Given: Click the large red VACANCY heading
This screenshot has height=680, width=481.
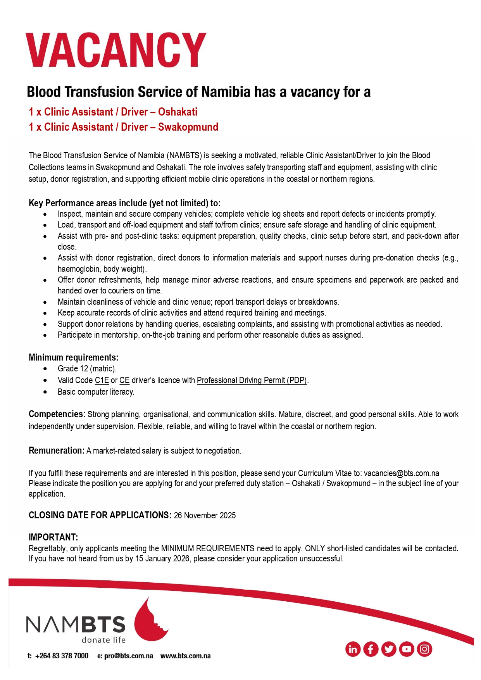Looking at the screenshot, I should (x=116, y=50).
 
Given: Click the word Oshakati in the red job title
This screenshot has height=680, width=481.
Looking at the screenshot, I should (x=178, y=112).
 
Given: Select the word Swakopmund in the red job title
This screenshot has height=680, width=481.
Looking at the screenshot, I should (x=188, y=127).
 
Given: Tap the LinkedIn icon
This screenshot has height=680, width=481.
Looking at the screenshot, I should (x=353, y=649).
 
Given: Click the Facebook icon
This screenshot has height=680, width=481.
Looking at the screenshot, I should (x=371, y=649).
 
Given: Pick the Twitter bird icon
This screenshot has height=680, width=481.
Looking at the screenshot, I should (x=389, y=649).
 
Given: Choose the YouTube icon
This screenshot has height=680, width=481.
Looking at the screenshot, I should (x=407, y=649).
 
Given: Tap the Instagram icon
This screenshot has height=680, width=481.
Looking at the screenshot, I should (x=425, y=649).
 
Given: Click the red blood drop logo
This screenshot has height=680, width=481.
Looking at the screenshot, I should (x=149, y=620).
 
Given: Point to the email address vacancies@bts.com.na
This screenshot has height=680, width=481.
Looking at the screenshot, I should (x=401, y=473).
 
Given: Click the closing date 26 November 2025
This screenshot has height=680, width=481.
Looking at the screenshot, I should (x=205, y=516).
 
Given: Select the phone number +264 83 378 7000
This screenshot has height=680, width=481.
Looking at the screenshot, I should (x=62, y=656).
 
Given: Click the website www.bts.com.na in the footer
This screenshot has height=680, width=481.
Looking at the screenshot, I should (x=186, y=656).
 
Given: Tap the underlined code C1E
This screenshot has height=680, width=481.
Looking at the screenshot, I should (x=102, y=380).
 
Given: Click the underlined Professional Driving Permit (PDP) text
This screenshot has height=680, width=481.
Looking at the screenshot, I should (x=252, y=380).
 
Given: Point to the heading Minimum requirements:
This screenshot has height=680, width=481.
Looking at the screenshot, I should (x=73, y=357).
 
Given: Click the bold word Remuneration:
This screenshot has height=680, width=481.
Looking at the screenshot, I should (x=57, y=450).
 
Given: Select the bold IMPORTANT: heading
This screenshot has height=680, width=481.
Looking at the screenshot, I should (x=53, y=537).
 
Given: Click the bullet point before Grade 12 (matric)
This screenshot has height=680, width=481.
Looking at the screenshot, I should (x=45, y=369).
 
